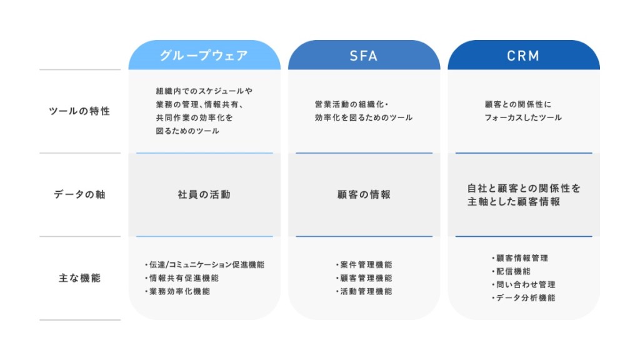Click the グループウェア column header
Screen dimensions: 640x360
click(204, 56)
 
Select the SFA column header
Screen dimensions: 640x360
click(364, 56)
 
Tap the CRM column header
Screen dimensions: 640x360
click(523, 56)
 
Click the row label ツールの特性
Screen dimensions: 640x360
click(79, 111)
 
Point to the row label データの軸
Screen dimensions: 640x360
click(79, 194)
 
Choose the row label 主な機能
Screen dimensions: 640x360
click(79, 278)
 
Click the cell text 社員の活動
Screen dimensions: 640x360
click(204, 194)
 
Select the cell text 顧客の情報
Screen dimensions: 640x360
click(364, 194)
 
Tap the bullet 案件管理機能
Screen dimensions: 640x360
click(364, 264)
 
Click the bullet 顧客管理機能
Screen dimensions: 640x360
click(364, 278)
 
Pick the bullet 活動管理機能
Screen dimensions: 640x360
click(364, 291)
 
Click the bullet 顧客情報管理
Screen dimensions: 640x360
click(520, 258)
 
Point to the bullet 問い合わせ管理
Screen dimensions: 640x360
click(524, 284)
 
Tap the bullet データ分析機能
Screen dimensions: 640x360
click(524, 298)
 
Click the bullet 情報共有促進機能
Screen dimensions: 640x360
click(182, 278)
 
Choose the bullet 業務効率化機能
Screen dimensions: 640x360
click(177, 291)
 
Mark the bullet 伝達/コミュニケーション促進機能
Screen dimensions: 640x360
click(204, 264)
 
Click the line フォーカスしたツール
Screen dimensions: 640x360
click(523, 117)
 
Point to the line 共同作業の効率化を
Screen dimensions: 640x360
click(194, 117)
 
